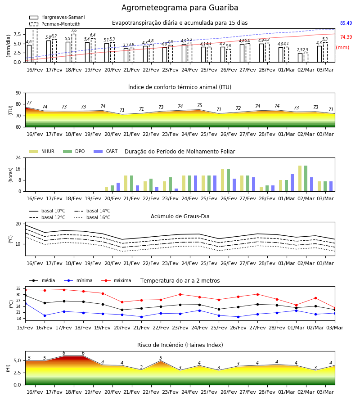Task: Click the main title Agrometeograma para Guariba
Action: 180,8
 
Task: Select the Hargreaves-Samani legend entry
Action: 57,17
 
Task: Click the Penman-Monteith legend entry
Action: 55,24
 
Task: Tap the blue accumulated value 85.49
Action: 346,23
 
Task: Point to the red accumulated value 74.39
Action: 346,37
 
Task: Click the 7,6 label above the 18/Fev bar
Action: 74,31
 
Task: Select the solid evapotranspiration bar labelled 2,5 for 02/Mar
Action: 300,58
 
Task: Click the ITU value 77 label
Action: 29,103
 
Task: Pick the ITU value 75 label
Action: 200,105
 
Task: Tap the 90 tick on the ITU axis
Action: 18,93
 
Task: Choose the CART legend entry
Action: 106,151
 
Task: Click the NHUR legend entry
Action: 42,151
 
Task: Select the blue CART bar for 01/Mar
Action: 292,183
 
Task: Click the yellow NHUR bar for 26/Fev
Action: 223,180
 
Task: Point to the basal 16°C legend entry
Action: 92,217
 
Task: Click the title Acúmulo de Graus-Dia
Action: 180,216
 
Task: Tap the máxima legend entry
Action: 117,280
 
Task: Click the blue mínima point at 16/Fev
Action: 45,315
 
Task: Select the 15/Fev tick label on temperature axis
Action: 25,328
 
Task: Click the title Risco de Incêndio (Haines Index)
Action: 180,345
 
